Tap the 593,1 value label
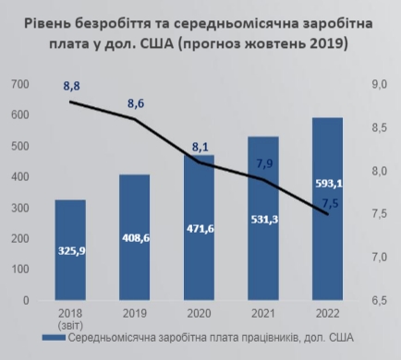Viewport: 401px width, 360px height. pyautogui.click(x=327, y=182)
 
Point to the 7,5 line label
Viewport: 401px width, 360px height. pyautogui.click(x=330, y=203)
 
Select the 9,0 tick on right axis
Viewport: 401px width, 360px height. pyautogui.click(x=379, y=84)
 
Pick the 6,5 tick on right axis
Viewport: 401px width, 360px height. pyautogui.click(x=379, y=300)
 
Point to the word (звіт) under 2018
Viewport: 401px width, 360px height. pyautogui.click(x=70, y=324)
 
